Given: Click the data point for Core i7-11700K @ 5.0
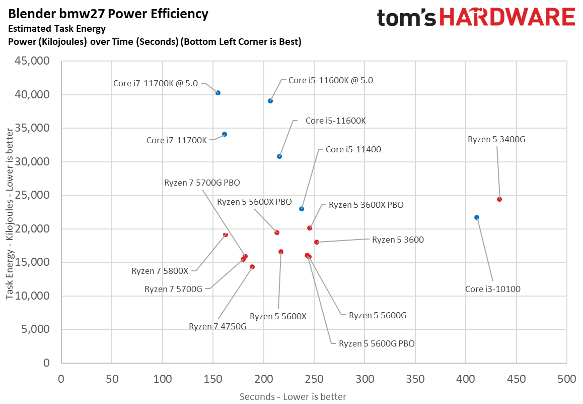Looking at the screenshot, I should point(218,93).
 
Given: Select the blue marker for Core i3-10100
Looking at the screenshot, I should point(477,217).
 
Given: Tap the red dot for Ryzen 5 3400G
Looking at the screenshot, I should point(499,199).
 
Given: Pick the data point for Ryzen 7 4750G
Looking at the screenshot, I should point(252,267).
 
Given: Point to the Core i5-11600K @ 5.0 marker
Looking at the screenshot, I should point(270,101).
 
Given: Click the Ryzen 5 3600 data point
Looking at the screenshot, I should point(317,242).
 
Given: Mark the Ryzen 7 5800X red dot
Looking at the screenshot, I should point(226,235).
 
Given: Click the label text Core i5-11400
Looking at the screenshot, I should point(353,149).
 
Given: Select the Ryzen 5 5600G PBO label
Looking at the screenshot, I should point(377,343).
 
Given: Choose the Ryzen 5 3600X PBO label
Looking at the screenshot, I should point(366,205).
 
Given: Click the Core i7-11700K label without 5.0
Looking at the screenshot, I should point(177,140).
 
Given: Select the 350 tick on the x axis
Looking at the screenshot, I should point(415,378).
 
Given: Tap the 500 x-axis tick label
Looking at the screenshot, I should point(566,378).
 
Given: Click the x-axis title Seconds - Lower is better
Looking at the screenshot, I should point(293,396).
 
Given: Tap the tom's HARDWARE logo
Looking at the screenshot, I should point(476,18).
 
